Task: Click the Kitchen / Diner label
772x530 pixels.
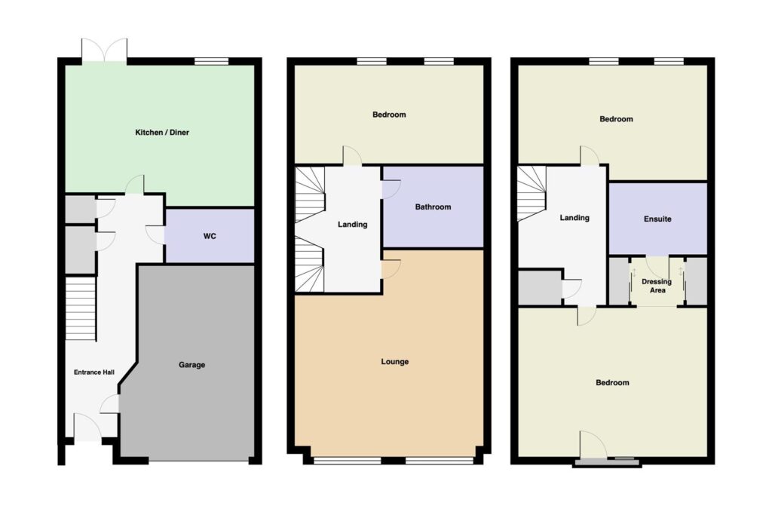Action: [x=162, y=133]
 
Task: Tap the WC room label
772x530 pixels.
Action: [x=210, y=237]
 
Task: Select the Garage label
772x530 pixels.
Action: [x=191, y=365]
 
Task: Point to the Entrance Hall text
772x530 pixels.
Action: [x=94, y=372]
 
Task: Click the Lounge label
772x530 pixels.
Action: [x=395, y=362]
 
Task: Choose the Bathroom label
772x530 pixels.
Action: [x=433, y=207]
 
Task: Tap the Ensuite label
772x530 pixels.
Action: [x=657, y=219]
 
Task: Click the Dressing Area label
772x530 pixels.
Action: [x=657, y=286]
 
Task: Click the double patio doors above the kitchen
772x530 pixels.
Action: [x=104, y=51]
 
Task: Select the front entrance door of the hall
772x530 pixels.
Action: [x=87, y=427]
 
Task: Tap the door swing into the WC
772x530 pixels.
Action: [x=155, y=234]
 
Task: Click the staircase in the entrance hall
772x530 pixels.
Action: [x=80, y=308]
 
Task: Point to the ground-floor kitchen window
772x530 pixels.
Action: [x=212, y=61]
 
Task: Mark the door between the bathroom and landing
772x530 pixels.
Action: [x=391, y=190]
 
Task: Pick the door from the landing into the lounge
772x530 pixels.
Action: [x=391, y=269]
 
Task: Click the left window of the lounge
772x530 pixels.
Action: [x=347, y=461]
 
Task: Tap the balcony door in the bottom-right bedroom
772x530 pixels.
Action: [x=593, y=445]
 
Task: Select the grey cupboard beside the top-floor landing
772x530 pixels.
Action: [x=540, y=287]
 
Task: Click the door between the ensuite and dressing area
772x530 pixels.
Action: [x=657, y=266]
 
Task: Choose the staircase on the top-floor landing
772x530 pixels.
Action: [x=532, y=194]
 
